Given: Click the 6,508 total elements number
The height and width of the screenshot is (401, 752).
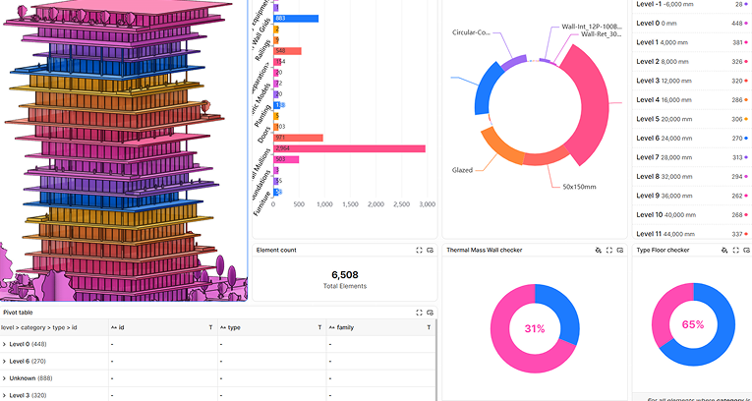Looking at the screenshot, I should [345, 274].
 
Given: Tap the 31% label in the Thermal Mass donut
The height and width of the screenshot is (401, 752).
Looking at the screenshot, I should [534, 328].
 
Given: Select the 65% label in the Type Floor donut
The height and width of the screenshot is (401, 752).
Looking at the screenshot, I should [692, 324].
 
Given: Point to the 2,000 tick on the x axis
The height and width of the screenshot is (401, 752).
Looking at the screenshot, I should [376, 203].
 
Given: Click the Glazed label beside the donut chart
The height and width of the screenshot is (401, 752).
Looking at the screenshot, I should [462, 170].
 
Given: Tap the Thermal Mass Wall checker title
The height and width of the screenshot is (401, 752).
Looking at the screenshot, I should [484, 251].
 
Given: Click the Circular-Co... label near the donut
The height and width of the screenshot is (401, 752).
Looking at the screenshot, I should [471, 32].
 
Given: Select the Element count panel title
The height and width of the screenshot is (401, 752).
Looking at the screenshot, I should [276, 251].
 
